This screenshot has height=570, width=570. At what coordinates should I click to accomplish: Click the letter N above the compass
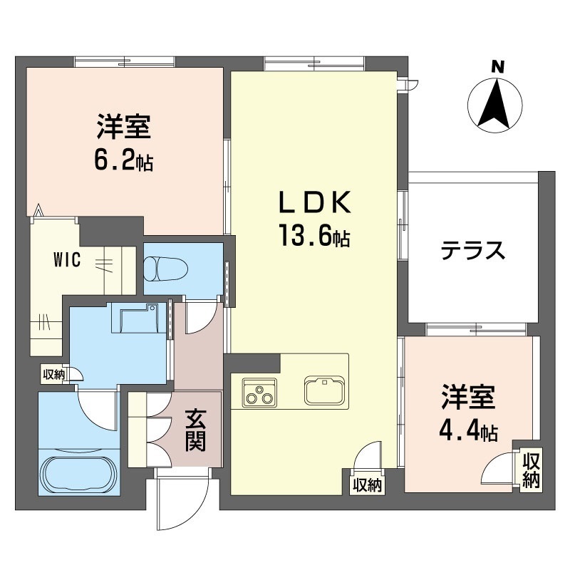[497, 67]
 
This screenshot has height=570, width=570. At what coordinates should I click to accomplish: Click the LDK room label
[315, 202]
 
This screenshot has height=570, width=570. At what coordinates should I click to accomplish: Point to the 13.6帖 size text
[314, 235]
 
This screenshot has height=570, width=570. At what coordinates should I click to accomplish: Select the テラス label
[473, 251]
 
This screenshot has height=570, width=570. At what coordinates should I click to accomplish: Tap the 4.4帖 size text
[468, 430]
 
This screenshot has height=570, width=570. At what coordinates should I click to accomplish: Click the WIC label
[67, 260]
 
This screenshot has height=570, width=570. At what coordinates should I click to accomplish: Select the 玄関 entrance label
[195, 431]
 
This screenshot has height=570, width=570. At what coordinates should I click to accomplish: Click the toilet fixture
[166, 269]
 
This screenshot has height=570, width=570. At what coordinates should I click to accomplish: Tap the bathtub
[80, 472]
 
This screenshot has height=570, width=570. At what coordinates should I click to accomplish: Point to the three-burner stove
[259, 393]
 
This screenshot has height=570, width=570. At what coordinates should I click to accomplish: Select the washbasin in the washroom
[139, 318]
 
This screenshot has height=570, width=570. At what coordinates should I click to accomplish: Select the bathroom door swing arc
[98, 409]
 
